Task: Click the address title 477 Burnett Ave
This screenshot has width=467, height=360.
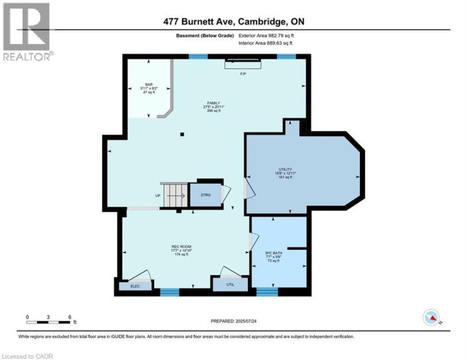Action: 234,21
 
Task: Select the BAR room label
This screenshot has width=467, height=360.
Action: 149,88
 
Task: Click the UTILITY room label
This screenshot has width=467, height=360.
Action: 281,174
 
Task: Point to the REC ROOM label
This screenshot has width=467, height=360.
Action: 182,248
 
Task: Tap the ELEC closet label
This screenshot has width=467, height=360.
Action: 135,285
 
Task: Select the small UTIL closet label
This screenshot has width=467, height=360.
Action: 230,284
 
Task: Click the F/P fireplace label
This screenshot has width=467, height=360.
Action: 243,74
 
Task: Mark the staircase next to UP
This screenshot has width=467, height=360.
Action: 174,195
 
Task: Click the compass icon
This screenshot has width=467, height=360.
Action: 431,317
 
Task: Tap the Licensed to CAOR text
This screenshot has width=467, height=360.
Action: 27,355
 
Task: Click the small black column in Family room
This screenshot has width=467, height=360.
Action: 182,135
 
